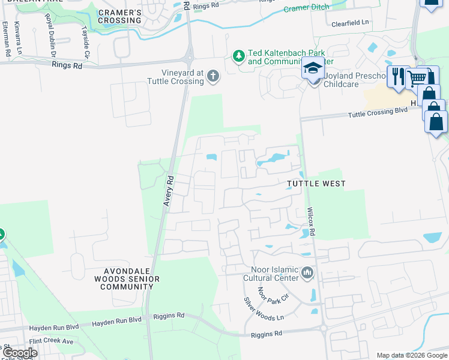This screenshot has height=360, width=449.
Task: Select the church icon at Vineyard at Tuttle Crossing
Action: coord(212,76)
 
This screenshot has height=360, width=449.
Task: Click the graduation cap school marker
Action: coord(313,70)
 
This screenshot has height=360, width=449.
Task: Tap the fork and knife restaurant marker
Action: coord(397,76)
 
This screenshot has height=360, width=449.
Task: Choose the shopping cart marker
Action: coord(416,77)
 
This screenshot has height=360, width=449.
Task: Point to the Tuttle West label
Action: coord(316,184)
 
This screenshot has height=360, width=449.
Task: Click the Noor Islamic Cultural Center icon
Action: coord(308,274)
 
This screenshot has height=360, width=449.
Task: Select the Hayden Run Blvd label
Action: coord(54,328)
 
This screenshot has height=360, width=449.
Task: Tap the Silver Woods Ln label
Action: coord(263,310)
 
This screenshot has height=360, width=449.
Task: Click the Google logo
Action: coord(19,353)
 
